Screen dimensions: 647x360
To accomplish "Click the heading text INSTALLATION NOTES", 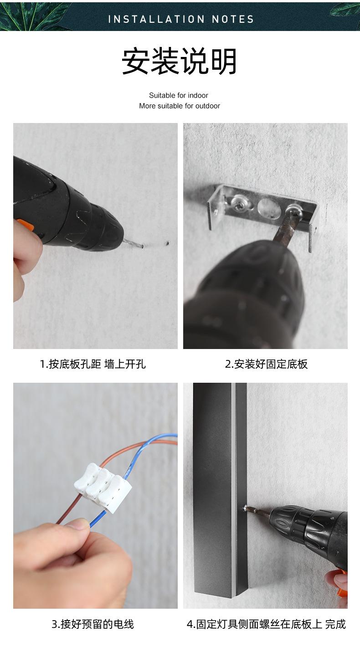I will coord(181,19).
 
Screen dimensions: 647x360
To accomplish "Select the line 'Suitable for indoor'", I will coord(179,95).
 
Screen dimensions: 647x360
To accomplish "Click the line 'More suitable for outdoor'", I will coord(180,106).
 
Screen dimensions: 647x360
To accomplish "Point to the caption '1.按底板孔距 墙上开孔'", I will coord(93,364).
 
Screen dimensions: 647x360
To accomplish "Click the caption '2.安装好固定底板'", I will coord(267,364).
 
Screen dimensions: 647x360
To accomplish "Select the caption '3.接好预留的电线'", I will coord(93,624).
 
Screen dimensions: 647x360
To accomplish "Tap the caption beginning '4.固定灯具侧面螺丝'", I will coord(267,624).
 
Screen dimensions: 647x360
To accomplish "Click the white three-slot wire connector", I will coord(103,487).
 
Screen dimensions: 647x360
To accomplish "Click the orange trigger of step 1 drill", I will coord(23,225).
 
